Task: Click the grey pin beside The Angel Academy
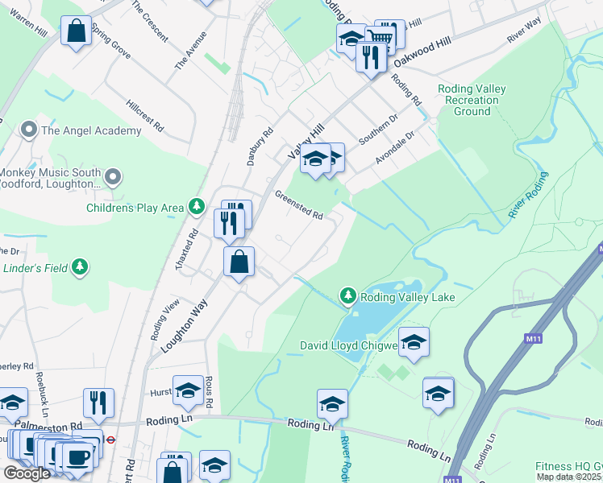[29, 130]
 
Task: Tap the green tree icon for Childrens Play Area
[196, 208]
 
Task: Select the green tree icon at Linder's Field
[79, 266]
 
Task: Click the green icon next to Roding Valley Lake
[347, 297]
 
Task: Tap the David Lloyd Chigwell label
[349, 345]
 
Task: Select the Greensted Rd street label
[298, 205]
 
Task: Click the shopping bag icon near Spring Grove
[77, 31]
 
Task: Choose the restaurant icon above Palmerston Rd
[98, 402]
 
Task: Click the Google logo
[27, 473]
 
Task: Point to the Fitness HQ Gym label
[568, 467]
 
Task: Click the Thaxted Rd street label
[193, 246]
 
